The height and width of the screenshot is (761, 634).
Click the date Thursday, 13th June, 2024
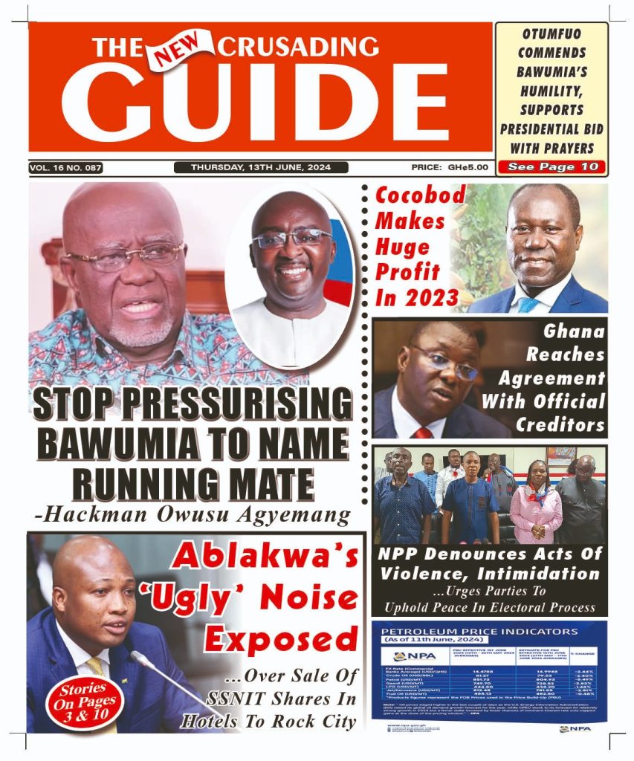[261, 167]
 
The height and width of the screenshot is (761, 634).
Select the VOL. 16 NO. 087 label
[65, 168]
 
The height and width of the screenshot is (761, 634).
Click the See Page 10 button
[552, 167]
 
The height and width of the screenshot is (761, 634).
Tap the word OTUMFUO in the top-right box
[552, 34]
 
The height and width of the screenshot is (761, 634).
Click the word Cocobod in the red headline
[420, 195]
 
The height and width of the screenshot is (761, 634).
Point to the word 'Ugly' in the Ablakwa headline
[195, 598]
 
